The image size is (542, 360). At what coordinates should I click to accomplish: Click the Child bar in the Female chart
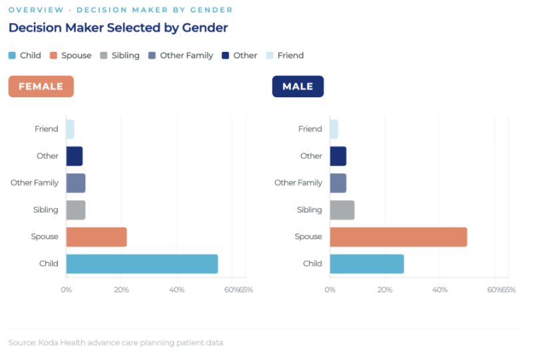[142, 264]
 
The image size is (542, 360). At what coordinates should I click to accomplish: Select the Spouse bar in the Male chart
[399, 237]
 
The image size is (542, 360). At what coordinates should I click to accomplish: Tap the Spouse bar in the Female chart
[97, 237]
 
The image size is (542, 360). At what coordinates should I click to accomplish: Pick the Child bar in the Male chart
[367, 264]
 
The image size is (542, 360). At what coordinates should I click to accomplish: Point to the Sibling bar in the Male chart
[342, 210]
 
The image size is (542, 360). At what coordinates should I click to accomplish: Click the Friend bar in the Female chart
[70, 129]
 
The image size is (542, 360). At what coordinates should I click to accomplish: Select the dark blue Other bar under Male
[338, 156]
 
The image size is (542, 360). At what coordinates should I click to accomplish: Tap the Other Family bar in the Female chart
[76, 183]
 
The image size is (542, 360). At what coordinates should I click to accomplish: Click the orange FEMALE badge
[41, 87]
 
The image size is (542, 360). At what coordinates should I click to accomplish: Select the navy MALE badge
[298, 87]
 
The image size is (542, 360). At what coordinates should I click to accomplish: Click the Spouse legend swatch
[53, 56]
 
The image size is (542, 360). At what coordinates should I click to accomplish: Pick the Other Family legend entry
[181, 56]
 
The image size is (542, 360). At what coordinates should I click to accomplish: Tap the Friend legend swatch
[270, 56]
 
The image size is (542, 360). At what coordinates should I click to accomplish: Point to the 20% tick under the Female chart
[121, 290]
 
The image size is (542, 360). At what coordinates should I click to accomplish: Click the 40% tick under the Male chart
[439, 290]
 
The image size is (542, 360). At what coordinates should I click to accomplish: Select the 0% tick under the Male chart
[330, 290]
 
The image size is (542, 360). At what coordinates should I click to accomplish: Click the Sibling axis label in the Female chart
[46, 210]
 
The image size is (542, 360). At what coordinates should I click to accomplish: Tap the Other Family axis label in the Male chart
[298, 183]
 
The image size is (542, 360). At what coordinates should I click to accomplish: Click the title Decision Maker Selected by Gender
[119, 28]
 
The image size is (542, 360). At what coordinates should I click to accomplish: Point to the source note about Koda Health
[116, 343]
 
